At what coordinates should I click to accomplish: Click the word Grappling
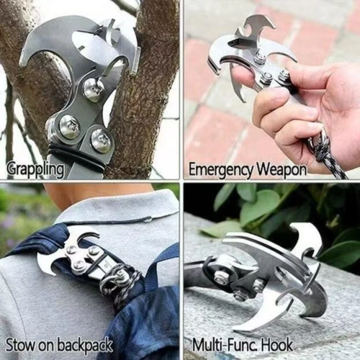tap(35, 169)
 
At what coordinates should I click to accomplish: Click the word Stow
tap(21, 345)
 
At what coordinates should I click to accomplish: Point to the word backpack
tap(85, 345)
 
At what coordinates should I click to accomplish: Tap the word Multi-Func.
tap(225, 345)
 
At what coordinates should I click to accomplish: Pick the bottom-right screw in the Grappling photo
tap(101, 141)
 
